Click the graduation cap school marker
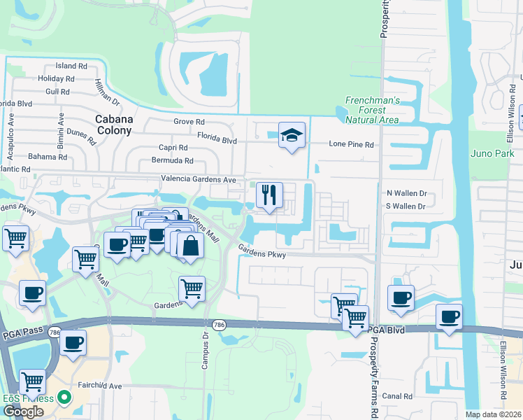pos(292,135)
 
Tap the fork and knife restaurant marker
pos(269,195)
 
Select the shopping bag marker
pos(190,246)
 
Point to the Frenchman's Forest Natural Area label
pos(372,110)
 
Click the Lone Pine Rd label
pos(352,144)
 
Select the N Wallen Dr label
pos(406,192)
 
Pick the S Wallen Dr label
pos(406,206)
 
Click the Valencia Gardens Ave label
pos(199,180)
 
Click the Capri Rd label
pos(173,148)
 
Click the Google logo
pos(23,411)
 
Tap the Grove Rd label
pos(189,121)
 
